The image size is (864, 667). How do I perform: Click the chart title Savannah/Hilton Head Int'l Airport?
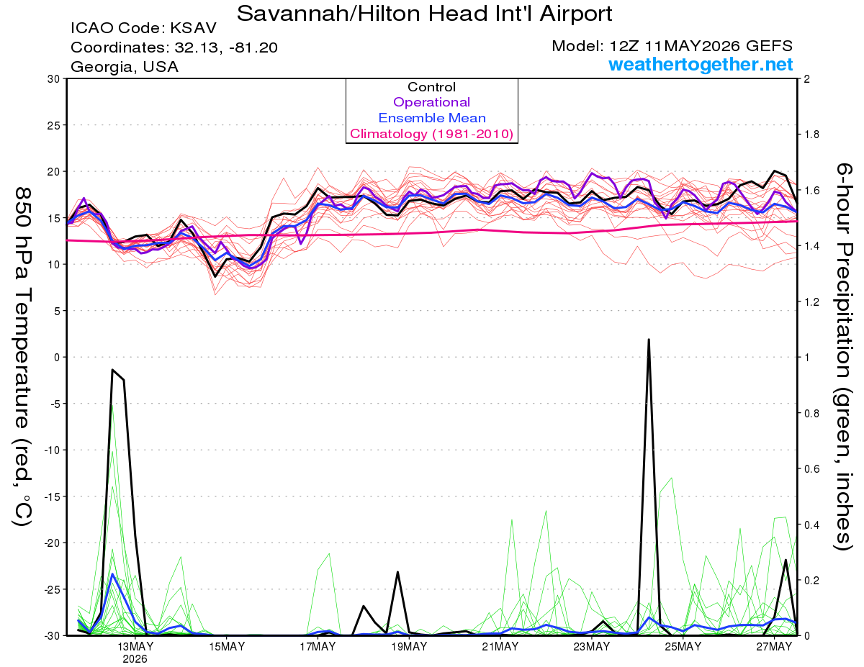click(424, 14)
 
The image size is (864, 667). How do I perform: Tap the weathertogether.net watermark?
click(701, 64)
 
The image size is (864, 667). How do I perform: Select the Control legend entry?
click(431, 87)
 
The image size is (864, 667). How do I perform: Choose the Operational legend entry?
click(431, 102)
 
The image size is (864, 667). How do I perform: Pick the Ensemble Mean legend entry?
click(432, 118)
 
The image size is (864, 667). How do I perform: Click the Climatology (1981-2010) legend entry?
click(432, 134)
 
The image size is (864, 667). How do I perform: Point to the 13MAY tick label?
click(135, 647)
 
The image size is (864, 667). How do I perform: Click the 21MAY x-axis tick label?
click(500, 647)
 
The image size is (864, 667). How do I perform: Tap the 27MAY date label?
click(774, 647)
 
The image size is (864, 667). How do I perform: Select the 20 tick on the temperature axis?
click(54, 172)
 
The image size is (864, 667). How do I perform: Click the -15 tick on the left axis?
click(51, 496)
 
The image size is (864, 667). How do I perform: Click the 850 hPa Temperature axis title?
click(22, 357)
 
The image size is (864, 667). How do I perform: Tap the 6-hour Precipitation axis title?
click(843, 356)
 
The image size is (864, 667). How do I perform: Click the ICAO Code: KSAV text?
click(143, 28)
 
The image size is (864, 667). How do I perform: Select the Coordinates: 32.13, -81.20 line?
click(174, 47)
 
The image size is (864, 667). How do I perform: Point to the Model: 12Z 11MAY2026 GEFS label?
click(672, 46)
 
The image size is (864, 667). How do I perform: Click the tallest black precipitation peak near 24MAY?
click(649, 340)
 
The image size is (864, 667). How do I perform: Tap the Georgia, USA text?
click(125, 67)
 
